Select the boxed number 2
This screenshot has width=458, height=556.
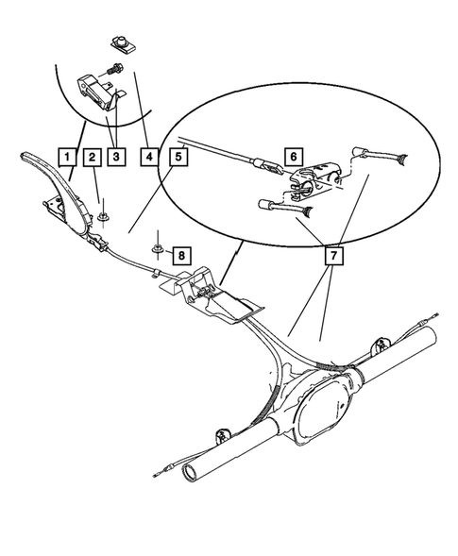pos(92,156)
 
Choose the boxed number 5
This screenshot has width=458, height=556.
pos(177,156)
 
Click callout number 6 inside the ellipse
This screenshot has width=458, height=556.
pos(293,156)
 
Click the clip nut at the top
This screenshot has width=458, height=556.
pos(119,42)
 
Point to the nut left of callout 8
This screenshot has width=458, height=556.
pos(159,250)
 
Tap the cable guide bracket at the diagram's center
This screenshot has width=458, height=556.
pos(212,293)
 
